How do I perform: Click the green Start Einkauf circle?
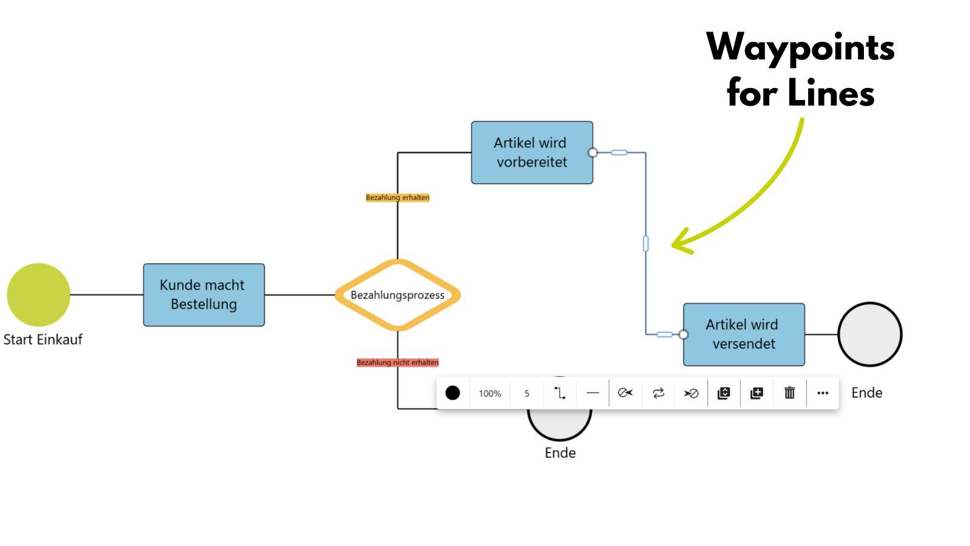click(x=39, y=295)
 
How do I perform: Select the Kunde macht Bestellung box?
click(x=204, y=295)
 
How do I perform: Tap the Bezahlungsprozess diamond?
click(x=397, y=295)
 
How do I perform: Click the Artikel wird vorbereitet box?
click(x=532, y=152)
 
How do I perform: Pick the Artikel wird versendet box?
click(x=744, y=334)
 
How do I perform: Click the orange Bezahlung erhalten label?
click(x=397, y=197)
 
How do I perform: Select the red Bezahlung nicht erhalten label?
click(x=397, y=362)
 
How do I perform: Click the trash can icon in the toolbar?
click(x=789, y=393)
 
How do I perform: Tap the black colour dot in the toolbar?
click(x=452, y=393)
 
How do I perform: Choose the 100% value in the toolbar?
click(x=490, y=393)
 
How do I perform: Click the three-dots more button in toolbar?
click(x=823, y=393)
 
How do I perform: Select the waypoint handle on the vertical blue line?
click(x=646, y=243)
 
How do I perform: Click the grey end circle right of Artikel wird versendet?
click(x=870, y=334)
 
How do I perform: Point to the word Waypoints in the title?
click(x=800, y=47)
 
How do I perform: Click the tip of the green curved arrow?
click(x=674, y=244)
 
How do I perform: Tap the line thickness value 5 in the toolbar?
click(x=527, y=393)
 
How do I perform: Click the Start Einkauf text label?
click(x=42, y=339)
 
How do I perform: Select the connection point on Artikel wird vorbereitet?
click(x=593, y=152)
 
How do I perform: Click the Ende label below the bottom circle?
click(x=560, y=453)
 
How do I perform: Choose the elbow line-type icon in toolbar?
click(x=560, y=393)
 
